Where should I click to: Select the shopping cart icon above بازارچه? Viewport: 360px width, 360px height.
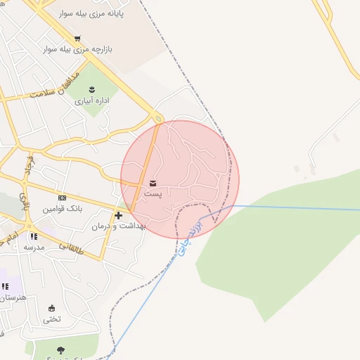pyautogui.click(x=77, y=38)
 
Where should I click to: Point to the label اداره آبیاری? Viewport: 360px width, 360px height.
pyautogui.click(x=94, y=101)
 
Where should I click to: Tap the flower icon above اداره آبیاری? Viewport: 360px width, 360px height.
pyautogui.click(x=94, y=88)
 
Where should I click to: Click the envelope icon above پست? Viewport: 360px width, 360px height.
pyautogui.click(x=153, y=183)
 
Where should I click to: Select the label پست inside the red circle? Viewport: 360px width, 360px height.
pyautogui.click(x=153, y=193)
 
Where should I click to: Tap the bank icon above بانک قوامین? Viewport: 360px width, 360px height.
pyautogui.click(x=62, y=198)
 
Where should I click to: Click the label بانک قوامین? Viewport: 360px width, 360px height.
pyautogui.click(x=62, y=210)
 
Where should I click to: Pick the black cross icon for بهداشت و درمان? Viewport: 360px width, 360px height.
pyautogui.click(x=118, y=215)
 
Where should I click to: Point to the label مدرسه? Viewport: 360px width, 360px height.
pyautogui.click(x=33, y=247)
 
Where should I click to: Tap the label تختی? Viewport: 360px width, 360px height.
pyautogui.click(x=52, y=319)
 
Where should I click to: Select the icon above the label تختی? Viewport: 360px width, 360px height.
pyautogui.click(x=51, y=308)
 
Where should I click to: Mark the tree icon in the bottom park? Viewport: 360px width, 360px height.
pyautogui.click(x=60, y=349)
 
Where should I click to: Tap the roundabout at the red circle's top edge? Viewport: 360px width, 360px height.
pyautogui.click(x=158, y=119)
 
